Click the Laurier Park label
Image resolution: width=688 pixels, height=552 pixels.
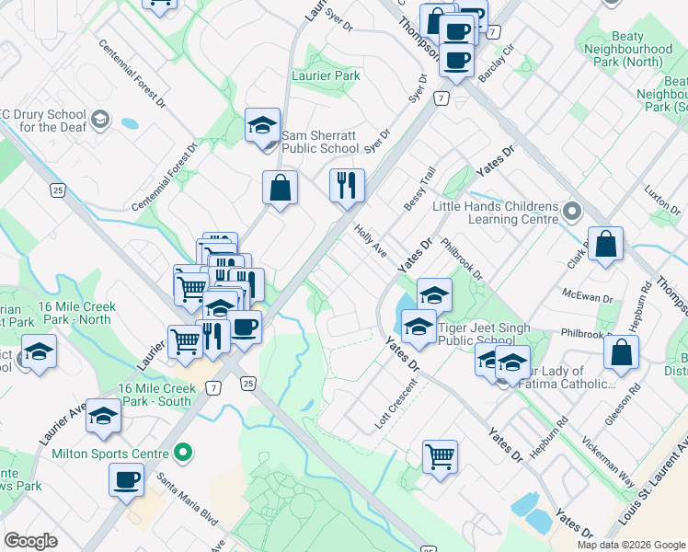click(x=326, y=75)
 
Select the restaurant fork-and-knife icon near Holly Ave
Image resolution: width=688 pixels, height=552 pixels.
click(x=348, y=186)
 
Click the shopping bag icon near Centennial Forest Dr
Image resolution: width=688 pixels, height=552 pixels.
click(x=280, y=189)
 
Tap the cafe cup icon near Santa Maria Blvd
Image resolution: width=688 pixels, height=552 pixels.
click(x=126, y=479)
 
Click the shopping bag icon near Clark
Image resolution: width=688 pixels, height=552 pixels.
click(x=605, y=245)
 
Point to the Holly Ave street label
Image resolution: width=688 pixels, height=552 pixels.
click(x=373, y=241)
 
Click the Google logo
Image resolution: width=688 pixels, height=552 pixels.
click(x=30, y=541)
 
